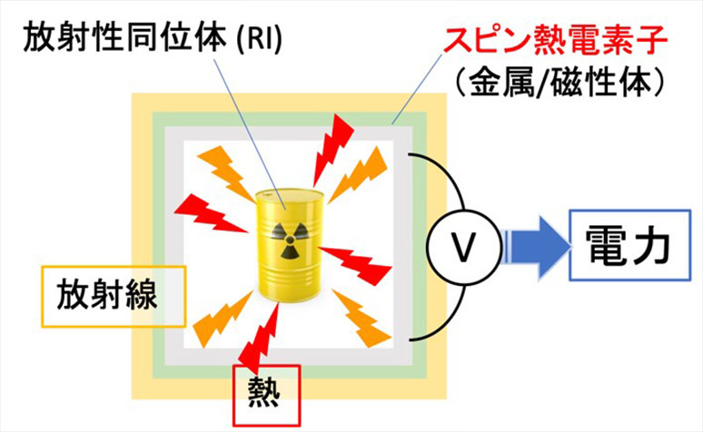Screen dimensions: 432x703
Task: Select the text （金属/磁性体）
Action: (x=554, y=83)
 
